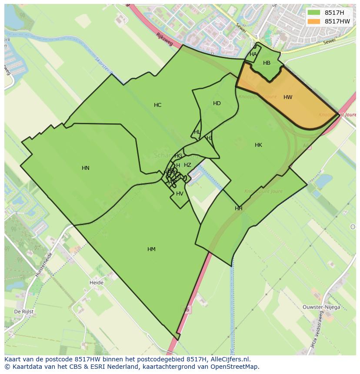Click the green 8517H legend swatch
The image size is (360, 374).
pos(313,13)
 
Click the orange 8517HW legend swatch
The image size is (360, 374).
pos(313,21)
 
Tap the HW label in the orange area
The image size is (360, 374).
pos(288,97)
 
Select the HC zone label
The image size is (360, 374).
pos(157,105)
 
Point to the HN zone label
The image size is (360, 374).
pos(86,168)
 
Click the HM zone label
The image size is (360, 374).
pos(151,249)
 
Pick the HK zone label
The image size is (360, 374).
pos(258,145)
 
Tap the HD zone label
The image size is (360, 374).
pos(217,103)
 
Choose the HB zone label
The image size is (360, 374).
pos(267,63)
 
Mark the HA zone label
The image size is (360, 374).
pos(253,54)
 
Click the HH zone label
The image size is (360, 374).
pos(238,209)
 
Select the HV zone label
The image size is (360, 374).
pos(180,194)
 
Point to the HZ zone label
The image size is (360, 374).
pos(187,165)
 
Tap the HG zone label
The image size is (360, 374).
pos(178,156)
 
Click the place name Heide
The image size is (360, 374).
pos(97,283)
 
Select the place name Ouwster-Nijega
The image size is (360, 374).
pos(321,307)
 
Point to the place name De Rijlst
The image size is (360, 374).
pos(24,312)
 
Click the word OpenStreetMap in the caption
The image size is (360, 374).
pos(234,367)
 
